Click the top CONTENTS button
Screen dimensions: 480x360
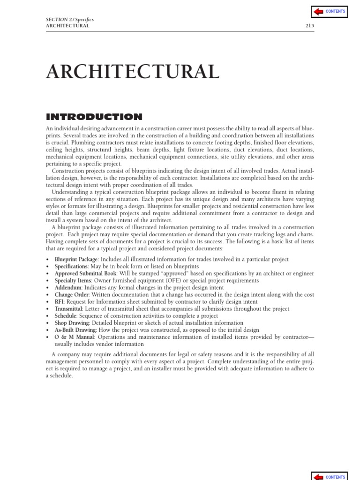coord(329,11)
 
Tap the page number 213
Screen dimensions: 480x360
coord(310,26)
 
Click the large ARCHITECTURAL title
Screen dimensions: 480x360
coord(133,72)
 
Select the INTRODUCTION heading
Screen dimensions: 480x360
coord(94,117)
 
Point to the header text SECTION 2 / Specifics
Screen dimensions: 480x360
coord(69,20)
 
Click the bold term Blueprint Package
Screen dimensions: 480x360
coord(76,260)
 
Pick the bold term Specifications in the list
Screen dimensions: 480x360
coord(71,267)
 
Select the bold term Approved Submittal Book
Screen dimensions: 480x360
coord(85,274)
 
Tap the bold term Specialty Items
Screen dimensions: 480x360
coord(73,281)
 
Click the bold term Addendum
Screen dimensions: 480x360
coord(68,288)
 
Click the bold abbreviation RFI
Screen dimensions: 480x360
coord(60,302)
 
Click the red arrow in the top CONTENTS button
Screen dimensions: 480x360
coord(319,11)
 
